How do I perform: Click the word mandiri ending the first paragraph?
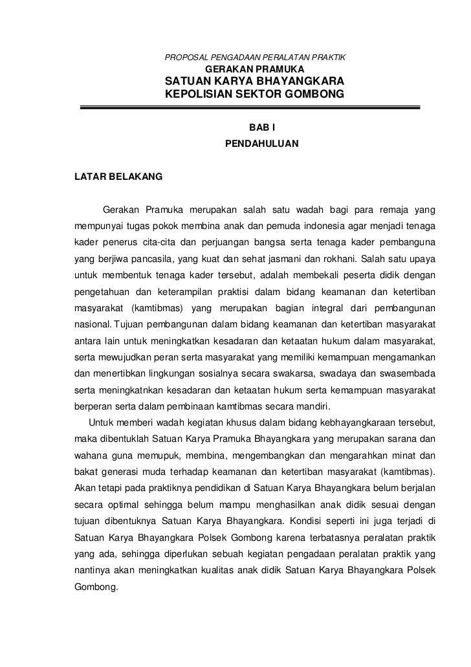point(311,406)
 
